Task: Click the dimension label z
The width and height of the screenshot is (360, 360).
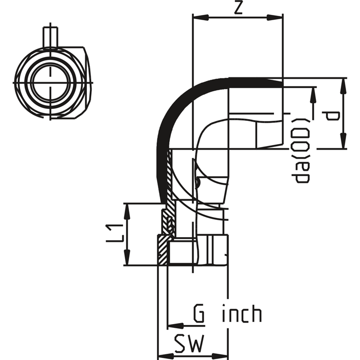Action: (x=238, y=9)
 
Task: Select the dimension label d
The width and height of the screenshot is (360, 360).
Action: (x=331, y=116)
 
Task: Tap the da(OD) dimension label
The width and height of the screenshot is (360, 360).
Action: (x=300, y=151)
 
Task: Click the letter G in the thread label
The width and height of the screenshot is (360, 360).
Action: (x=199, y=313)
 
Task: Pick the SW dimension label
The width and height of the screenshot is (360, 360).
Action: (x=189, y=344)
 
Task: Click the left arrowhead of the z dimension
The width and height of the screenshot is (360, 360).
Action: (x=201, y=17)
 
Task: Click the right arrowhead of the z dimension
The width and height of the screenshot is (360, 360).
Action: (x=275, y=17)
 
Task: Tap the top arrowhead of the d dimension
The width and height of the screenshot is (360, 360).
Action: (x=343, y=86)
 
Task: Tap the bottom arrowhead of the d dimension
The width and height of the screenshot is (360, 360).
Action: (x=343, y=141)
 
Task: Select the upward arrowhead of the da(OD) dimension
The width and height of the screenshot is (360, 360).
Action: (x=312, y=96)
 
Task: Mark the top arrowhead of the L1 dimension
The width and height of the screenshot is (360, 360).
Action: (x=127, y=211)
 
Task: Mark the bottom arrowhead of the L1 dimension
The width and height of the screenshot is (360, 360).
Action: (x=127, y=257)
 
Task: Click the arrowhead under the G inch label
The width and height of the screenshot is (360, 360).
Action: (x=176, y=325)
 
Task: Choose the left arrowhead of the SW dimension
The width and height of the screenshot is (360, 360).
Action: (x=166, y=355)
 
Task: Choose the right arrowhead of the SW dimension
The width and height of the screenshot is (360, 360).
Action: (x=220, y=355)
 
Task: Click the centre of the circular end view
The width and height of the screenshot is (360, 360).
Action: (x=50, y=83)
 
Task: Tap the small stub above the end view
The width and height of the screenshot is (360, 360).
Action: (x=50, y=37)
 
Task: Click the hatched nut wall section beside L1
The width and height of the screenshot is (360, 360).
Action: (x=163, y=250)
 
